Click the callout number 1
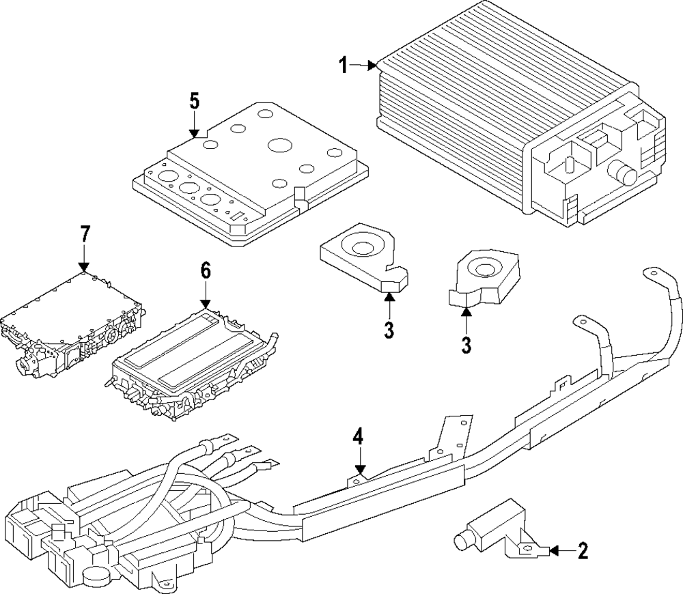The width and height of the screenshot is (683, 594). tap(344, 66)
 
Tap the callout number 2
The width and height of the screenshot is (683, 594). tap(583, 551)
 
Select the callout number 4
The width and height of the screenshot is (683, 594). tap(358, 437)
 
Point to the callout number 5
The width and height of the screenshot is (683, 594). tap(194, 101)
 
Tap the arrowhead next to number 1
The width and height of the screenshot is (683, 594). tap(372, 66)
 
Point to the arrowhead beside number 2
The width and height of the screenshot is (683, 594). tap(554, 551)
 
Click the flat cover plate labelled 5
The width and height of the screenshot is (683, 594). tap(251, 173)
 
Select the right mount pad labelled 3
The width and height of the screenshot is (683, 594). tap(484, 277)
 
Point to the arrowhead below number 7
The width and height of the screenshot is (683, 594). tap(84, 267)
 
